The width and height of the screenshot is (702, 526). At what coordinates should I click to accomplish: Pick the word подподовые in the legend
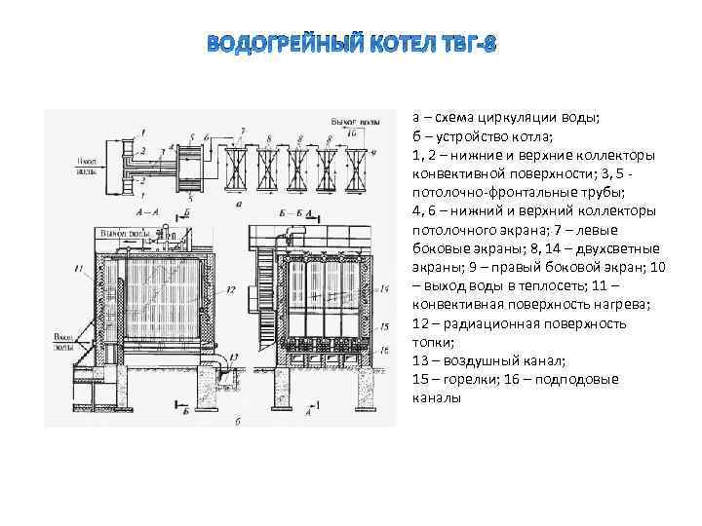[x=586, y=379]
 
